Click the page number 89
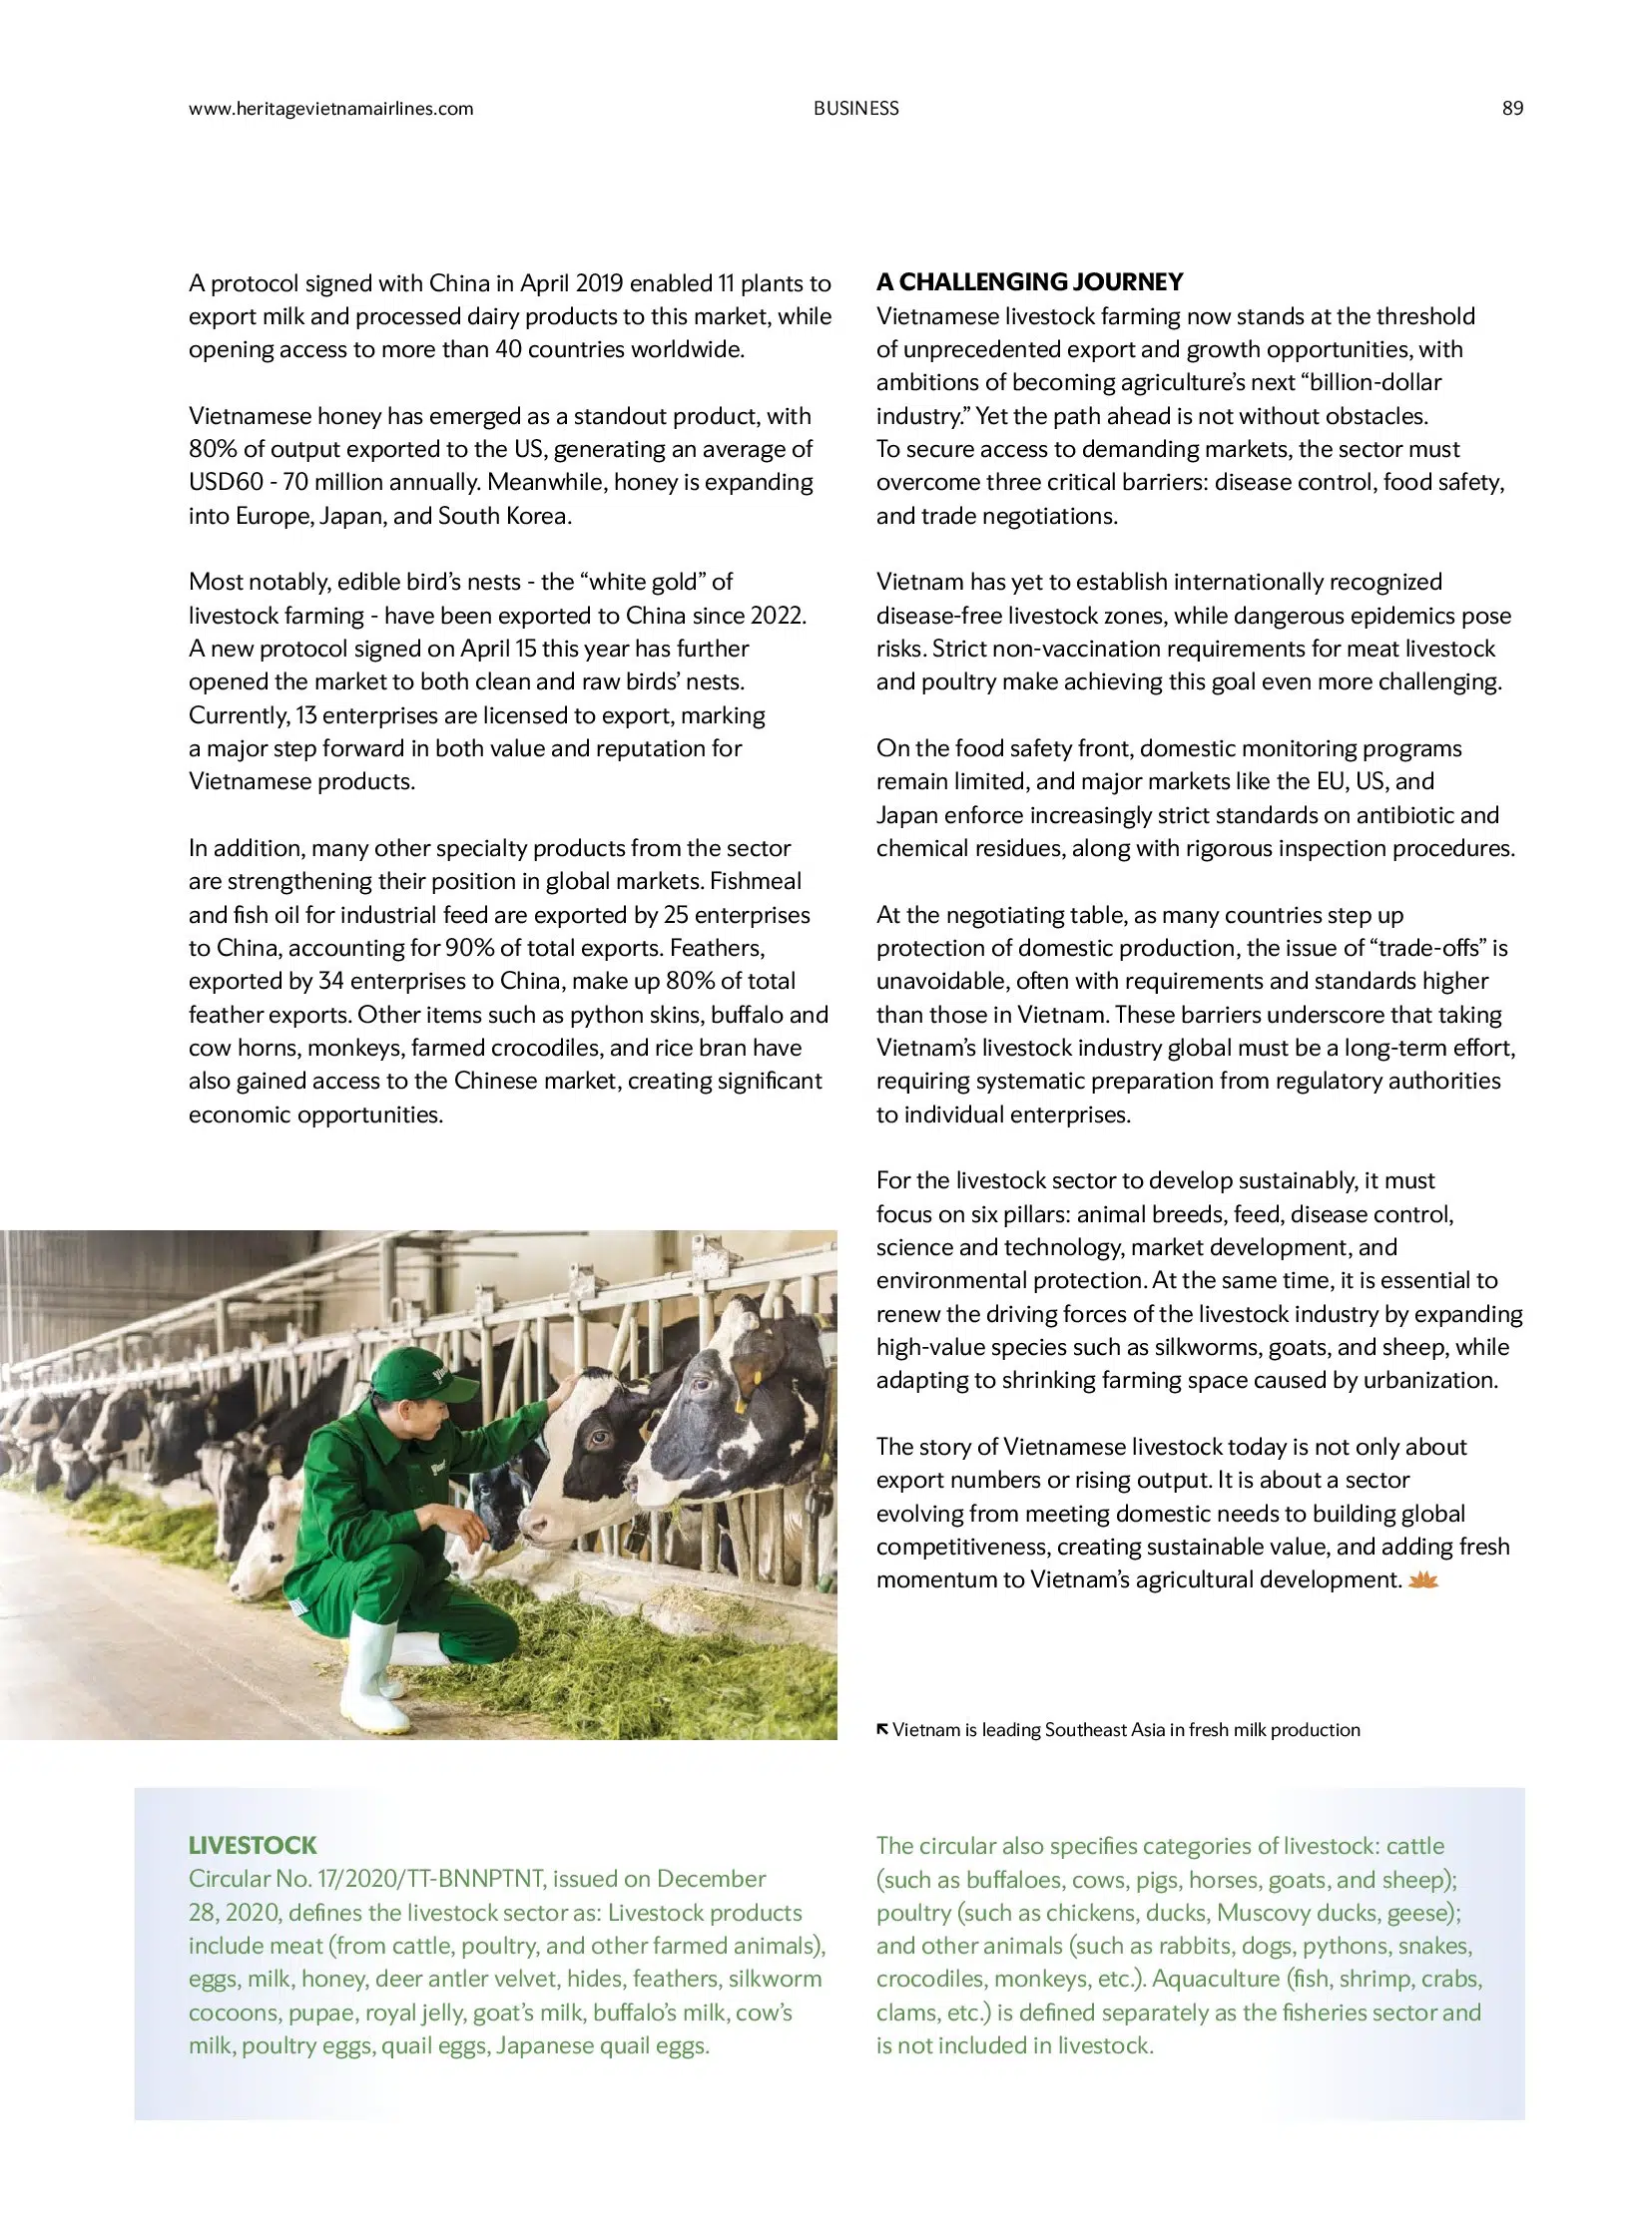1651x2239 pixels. coord(1512,108)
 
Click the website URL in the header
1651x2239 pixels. coord(330,108)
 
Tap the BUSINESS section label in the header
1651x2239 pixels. coord(855,108)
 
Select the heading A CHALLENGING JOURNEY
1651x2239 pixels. coord(1029,281)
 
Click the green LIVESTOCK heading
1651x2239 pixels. coord(252,1844)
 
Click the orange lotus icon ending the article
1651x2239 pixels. coord(1422,1579)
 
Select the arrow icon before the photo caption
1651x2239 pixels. coord(882,1728)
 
